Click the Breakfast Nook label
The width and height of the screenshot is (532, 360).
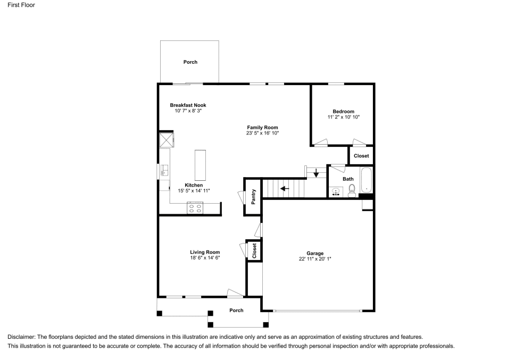188,105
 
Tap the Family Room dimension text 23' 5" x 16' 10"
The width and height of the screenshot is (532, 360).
262,133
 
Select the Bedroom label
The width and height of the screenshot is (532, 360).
343,111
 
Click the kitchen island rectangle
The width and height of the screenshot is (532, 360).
200,165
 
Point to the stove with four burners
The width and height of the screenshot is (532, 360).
195,208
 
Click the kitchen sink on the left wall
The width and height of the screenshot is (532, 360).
164,170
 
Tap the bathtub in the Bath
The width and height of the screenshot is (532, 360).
366,180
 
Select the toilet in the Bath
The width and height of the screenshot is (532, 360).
352,192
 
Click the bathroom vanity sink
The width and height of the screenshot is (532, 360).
336,191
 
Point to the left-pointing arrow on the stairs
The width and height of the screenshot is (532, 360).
284,188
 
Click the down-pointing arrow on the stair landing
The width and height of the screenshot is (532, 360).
316,173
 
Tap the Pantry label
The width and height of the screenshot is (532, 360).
254,197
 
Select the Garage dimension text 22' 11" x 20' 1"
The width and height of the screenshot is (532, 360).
315,259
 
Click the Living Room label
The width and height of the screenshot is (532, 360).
205,252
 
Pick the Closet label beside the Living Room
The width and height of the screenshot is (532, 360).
254,250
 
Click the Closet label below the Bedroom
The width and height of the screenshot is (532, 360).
361,156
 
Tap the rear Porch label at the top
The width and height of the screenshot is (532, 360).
190,62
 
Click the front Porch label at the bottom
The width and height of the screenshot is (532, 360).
236,311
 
